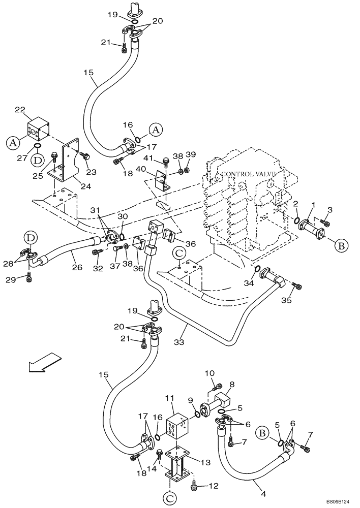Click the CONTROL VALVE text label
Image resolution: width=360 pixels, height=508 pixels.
pos(248,174)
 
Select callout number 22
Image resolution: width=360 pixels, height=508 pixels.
pos(34,110)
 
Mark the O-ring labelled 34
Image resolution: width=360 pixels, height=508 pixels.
pos(258,269)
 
